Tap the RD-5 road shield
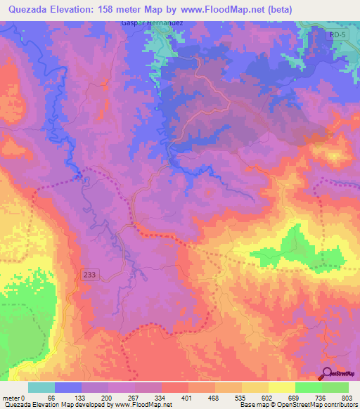(x=337, y=34)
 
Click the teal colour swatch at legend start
(x=41, y=387)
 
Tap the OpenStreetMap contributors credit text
(x=316, y=405)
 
